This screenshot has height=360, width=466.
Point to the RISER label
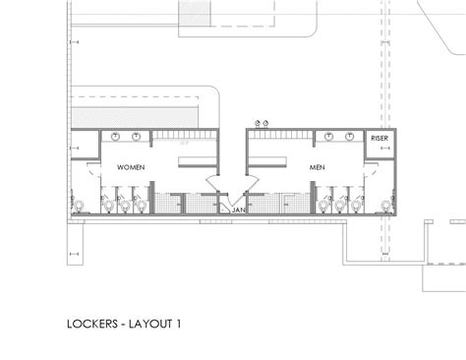(x=379, y=140)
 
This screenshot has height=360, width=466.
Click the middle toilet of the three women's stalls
(x=126, y=205)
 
